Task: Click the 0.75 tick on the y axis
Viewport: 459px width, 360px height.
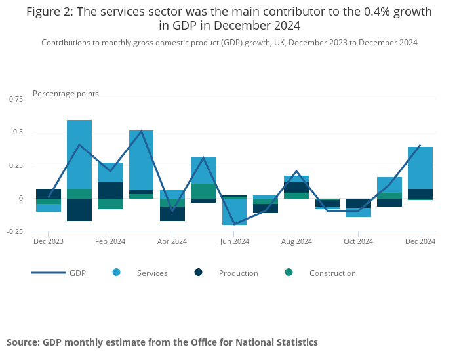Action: coord(14,99)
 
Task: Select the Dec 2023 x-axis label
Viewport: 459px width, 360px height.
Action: coord(49,241)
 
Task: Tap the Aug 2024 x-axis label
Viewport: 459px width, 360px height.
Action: coord(296,241)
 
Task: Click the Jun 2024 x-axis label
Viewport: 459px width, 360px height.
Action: coord(234,241)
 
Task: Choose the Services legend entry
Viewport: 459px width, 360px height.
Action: coord(151,273)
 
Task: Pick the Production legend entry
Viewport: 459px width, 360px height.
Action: coord(238,273)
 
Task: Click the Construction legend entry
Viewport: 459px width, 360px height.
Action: coord(332,273)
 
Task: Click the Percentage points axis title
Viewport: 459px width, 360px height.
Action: coord(66,94)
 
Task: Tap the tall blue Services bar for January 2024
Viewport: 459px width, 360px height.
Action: coord(79,154)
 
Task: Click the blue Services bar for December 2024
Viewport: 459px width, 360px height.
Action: coord(420,167)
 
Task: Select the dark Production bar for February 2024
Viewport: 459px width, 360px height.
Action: coord(110,190)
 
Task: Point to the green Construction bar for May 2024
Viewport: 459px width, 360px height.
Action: coord(203,191)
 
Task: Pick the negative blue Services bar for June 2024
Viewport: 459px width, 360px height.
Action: coord(234,212)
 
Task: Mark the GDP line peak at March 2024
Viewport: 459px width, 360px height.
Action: coord(142,132)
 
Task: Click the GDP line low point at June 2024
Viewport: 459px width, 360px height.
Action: coord(234,224)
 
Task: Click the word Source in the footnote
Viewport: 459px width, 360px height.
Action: coord(22,342)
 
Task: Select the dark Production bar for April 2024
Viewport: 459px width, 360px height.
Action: coord(172,214)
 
